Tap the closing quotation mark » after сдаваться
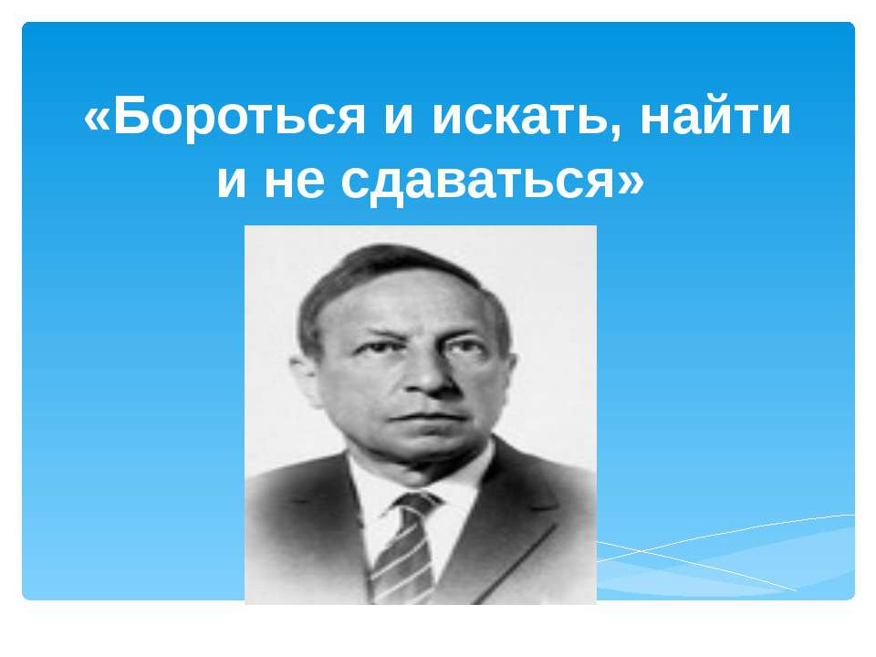click(631, 182)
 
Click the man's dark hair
click(383, 269)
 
